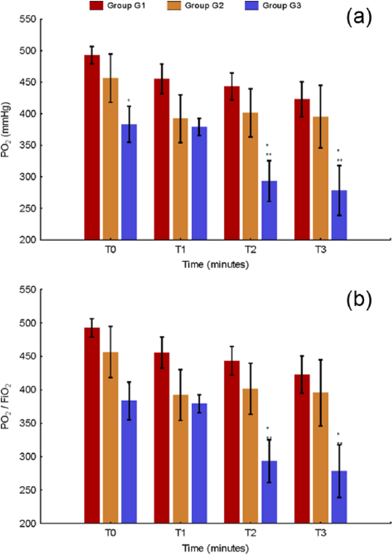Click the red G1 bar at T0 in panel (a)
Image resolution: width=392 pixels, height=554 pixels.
pyautogui.click(x=92, y=147)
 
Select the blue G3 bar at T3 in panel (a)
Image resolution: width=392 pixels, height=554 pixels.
pyautogui.click(x=339, y=215)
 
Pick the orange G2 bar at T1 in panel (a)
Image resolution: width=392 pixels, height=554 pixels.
pyautogui.click(x=180, y=179)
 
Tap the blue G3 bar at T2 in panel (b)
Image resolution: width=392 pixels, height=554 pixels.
pyautogui.click(x=269, y=492)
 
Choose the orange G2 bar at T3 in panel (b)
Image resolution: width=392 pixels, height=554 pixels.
pyautogui.click(x=320, y=457)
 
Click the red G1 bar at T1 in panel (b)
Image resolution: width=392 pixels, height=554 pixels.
pyautogui.click(x=162, y=438)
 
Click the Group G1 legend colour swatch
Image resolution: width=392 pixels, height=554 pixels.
pyautogui.click(x=96, y=6)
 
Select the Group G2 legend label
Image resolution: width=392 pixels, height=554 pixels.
pyautogui.click(x=204, y=6)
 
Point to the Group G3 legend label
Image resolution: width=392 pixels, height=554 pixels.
pyautogui.click(x=282, y=6)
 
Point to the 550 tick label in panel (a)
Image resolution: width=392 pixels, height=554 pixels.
pyautogui.click(x=28, y=19)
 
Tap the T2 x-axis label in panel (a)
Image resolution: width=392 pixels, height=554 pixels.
pyautogui.click(x=250, y=250)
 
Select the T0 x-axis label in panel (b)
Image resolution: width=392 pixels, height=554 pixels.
pyautogui.click(x=111, y=533)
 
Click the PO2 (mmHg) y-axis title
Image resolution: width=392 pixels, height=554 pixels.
pyautogui.click(x=6, y=129)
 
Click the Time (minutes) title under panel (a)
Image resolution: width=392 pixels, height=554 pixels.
pyautogui.click(x=215, y=265)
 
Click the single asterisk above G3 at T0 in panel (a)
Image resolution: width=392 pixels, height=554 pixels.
pyautogui.click(x=128, y=100)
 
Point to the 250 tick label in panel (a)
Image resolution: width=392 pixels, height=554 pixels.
pyautogui.click(x=28, y=208)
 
